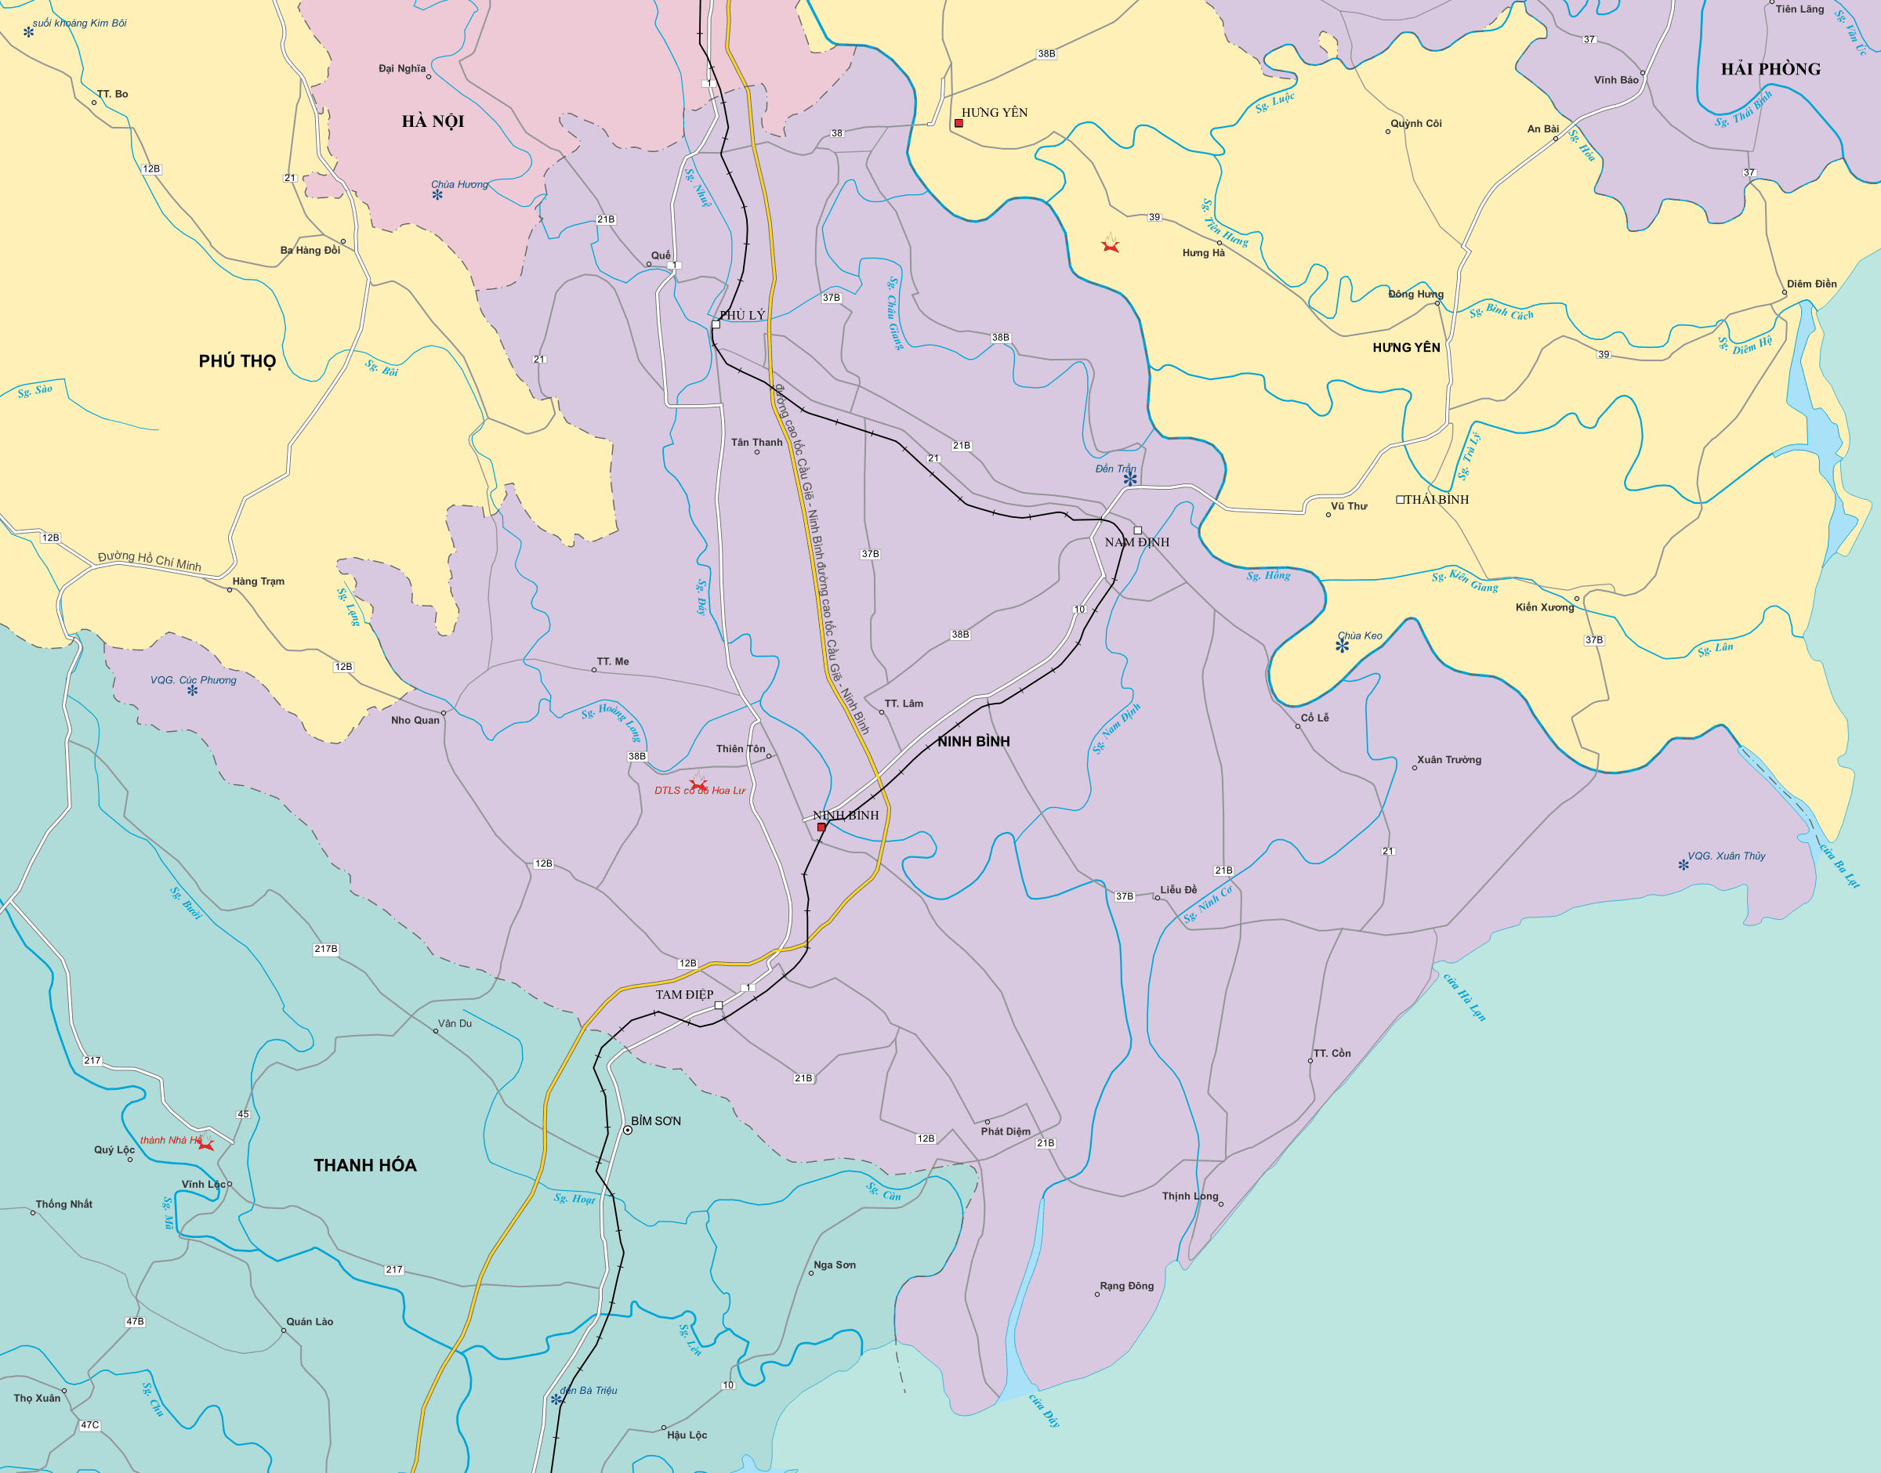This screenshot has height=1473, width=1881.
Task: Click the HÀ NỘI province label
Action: [433, 121]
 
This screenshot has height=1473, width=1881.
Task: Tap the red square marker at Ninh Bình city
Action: [821, 827]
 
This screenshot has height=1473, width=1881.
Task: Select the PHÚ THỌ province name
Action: [237, 361]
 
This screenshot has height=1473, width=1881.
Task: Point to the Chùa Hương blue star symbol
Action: [437, 195]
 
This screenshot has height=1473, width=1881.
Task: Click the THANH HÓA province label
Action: [364, 1165]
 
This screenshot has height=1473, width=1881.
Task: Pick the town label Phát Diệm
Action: [1005, 1131]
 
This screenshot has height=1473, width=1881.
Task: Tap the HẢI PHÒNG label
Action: [1770, 70]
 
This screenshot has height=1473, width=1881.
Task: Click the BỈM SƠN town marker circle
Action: [628, 1130]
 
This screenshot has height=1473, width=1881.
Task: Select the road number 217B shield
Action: [326, 949]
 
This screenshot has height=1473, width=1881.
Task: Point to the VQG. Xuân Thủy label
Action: [1726, 856]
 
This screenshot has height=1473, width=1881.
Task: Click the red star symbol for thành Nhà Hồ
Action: [205, 1145]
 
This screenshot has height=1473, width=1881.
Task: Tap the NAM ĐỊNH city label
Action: [1136, 542]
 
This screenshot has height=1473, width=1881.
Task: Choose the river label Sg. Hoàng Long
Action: [612, 721]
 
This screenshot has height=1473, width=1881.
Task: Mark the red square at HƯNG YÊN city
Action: [959, 123]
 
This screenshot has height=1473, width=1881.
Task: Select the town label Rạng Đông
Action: [1126, 1286]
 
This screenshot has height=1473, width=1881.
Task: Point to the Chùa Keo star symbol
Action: [1342, 645]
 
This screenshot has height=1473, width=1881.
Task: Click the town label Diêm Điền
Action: [1811, 284]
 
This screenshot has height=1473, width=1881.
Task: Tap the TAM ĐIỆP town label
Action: [684, 994]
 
